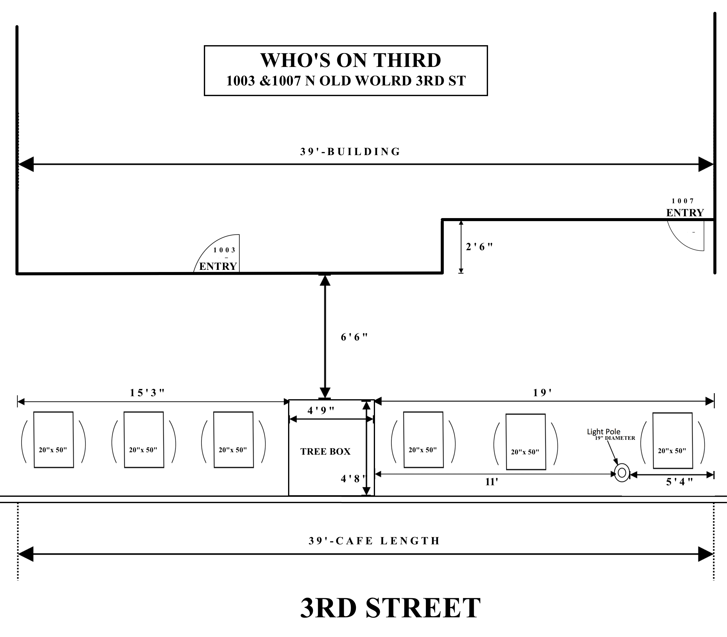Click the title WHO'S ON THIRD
350,61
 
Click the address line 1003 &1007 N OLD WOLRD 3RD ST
346,81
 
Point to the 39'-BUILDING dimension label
350,152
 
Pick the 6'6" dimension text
354,337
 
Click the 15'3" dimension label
147,393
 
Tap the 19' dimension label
542,393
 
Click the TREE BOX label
325,451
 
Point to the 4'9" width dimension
321,410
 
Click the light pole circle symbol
622,473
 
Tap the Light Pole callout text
603,432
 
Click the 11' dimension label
492,482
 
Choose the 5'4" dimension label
679,482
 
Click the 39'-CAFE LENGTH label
374,541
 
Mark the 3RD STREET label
390,608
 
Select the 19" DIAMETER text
615,438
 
